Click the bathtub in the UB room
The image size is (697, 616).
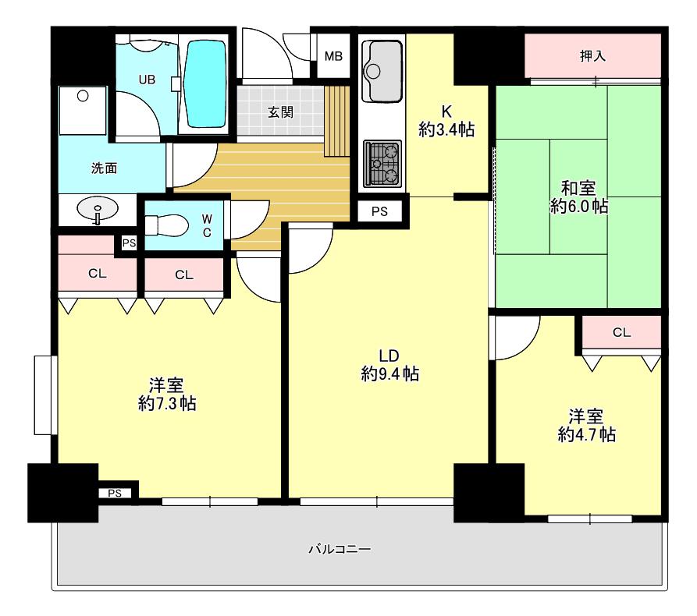point(204,84)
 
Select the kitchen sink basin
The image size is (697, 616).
point(382,71)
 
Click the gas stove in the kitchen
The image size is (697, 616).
point(382,164)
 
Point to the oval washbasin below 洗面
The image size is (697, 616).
point(98,208)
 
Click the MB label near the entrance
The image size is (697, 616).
point(333,56)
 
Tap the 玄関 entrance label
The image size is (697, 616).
point(280,112)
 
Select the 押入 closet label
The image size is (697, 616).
point(592,56)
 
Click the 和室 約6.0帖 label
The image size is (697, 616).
point(579,197)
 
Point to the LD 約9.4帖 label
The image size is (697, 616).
point(389,365)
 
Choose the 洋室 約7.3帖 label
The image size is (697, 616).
point(167,395)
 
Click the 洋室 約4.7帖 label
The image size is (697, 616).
point(586,426)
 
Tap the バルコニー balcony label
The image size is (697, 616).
point(340,550)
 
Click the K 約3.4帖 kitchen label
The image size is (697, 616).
point(446,121)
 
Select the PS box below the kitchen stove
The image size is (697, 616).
point(379,211)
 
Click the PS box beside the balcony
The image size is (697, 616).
point(115,493)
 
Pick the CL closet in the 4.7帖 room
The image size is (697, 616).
point(621,332)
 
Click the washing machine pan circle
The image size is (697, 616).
point(83,95)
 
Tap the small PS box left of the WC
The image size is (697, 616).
point(129,243)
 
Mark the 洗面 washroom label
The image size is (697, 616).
point(104,168)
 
